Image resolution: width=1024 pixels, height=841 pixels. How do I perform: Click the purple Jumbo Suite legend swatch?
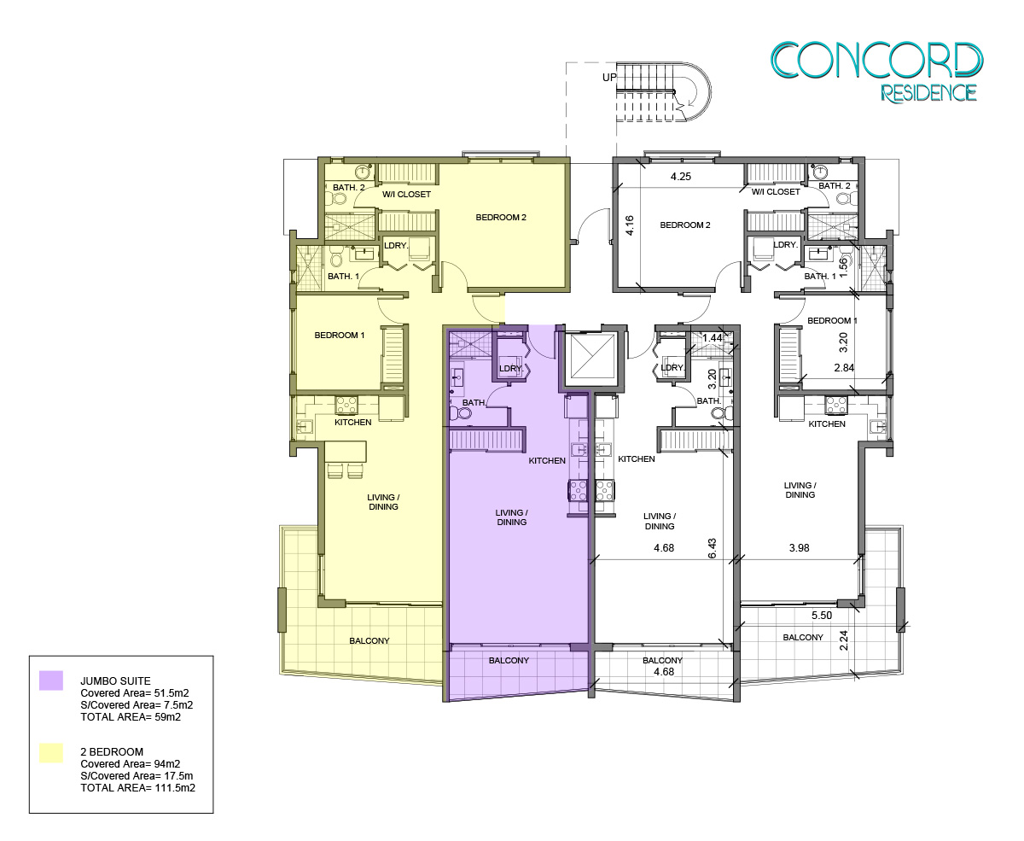[51, 680]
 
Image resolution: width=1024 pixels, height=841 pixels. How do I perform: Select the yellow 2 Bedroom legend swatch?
[51, 752]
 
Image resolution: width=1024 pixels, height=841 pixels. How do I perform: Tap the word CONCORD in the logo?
[877, 61]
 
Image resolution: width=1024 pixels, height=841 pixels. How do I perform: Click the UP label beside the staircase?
[609, 77]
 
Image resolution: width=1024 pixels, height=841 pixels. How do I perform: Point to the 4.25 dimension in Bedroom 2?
[681, 177]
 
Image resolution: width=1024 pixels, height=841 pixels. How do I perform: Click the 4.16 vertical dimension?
[629, 225]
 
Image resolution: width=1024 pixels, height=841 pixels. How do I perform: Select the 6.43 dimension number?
[713, 548]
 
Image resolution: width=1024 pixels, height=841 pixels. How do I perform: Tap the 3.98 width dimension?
[800, 547]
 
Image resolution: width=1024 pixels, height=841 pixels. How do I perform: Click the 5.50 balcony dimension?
[822, 615]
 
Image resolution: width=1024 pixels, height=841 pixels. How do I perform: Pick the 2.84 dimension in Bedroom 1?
[844, 368]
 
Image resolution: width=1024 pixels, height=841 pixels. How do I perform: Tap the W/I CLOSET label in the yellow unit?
[406, 195]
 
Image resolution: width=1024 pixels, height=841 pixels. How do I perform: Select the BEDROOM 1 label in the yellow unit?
[340, 336]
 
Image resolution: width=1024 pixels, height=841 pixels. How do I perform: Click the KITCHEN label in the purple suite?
[547, 460]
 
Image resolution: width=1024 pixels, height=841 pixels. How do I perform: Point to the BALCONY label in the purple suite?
[509, 660]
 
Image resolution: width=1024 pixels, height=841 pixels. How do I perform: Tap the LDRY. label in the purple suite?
[511, 368]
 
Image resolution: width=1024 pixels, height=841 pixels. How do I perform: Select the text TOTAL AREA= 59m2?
[131, 717]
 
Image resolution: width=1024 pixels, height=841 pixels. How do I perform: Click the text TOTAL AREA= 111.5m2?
[138, 788]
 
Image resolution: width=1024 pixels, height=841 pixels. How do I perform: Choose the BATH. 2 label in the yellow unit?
[349, 188]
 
